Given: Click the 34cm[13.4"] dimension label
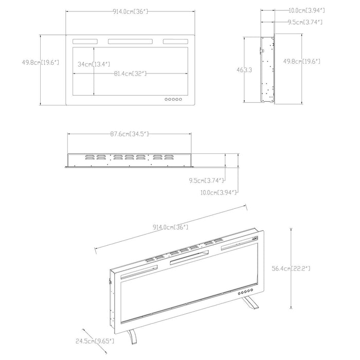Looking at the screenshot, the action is coord(94,64).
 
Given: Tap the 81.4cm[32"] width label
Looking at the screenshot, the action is coord(130,74).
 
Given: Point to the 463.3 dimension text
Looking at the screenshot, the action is coord(244,70).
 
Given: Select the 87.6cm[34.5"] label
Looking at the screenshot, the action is coord(129,134).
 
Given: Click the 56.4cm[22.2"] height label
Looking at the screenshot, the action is coord(291,268).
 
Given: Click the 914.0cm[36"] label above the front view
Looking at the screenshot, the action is coord(130,11).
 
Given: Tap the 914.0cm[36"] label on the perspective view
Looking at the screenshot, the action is coord(171,227).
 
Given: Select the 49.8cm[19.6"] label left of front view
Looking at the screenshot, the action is coord(41,62).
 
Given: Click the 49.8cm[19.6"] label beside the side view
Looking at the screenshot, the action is coord(301,61).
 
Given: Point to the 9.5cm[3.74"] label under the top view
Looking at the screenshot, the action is coord(206,181).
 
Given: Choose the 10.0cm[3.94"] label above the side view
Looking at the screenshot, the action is coord(307,10).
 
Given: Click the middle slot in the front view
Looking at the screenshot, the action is coord(130,42).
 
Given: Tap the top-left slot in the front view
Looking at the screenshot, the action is coord(85,42).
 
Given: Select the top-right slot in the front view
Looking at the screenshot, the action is coord(175,42).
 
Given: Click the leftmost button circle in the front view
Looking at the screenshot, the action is coord(166,99).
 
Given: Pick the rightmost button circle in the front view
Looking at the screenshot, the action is coord(181,99).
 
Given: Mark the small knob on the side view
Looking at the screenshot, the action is coord(262,51).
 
